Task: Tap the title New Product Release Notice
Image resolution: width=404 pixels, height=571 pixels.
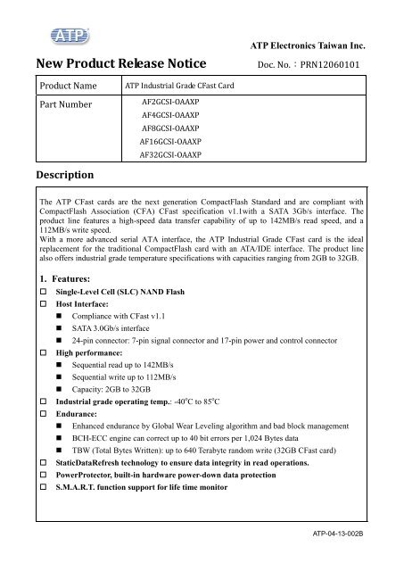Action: (x=121, y=65)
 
